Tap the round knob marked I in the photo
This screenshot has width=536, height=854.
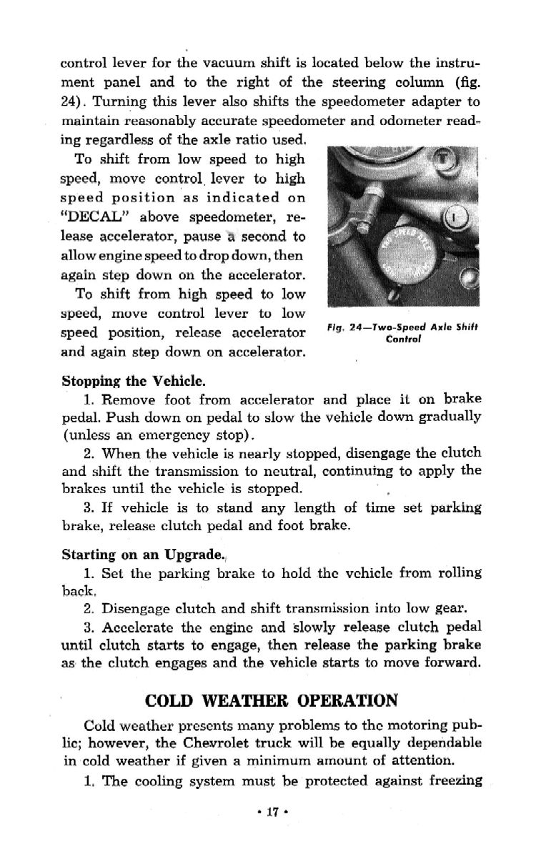[455, 215]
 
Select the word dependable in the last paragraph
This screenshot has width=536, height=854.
[443, 743]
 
